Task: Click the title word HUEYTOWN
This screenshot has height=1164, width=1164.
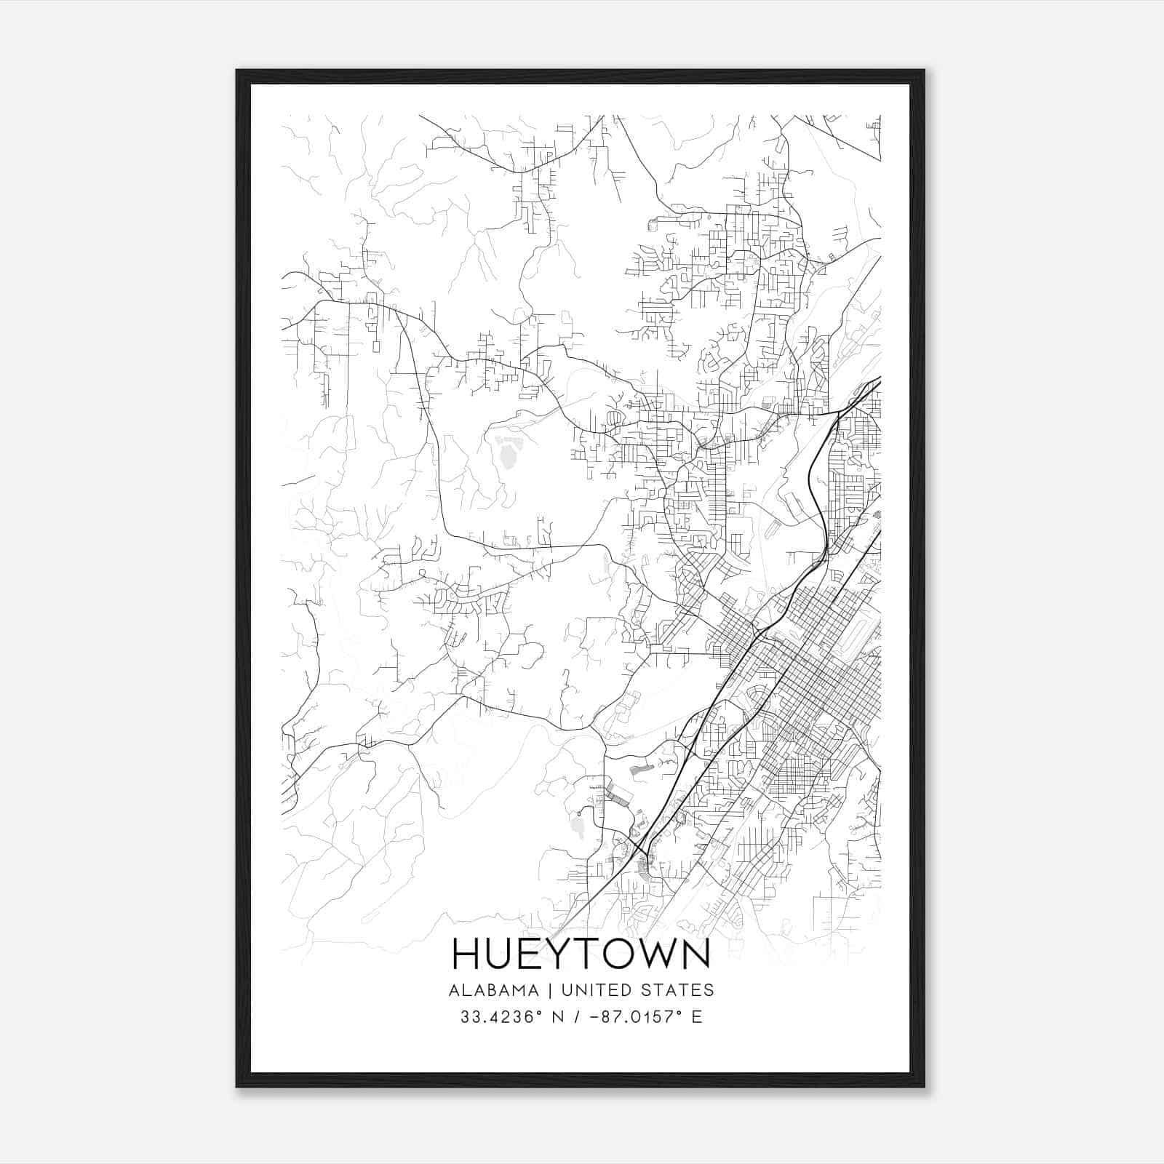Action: pyautogui.click(x=581, y=954)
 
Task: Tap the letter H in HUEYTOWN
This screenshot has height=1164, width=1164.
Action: pyautogui.click(x=466, y=954)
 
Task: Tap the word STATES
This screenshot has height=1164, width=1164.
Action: pyautogui.click(x=678, y=990)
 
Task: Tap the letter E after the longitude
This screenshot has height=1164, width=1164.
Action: pyautogui.click(x=697, y=1017)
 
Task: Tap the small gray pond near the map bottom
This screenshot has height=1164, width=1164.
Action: pyautogui.click(x=580, y=826)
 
